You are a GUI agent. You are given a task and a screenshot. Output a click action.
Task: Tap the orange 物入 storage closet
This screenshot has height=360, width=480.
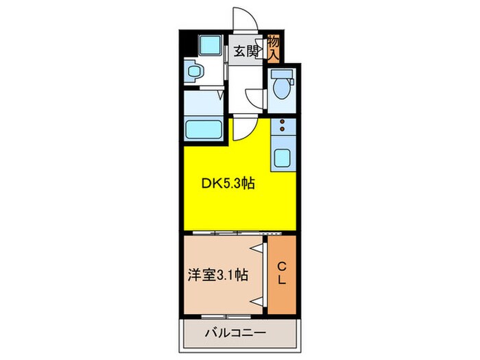(273, 47)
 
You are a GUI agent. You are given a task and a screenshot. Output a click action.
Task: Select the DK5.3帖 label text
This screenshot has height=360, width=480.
(228, 184)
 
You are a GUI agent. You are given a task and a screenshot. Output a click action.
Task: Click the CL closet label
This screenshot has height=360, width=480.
(281, 274)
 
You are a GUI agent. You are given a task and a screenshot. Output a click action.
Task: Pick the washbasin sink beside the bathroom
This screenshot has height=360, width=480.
(194, 71)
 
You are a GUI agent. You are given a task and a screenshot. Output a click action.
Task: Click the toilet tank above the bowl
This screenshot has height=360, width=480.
(279, 75)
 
